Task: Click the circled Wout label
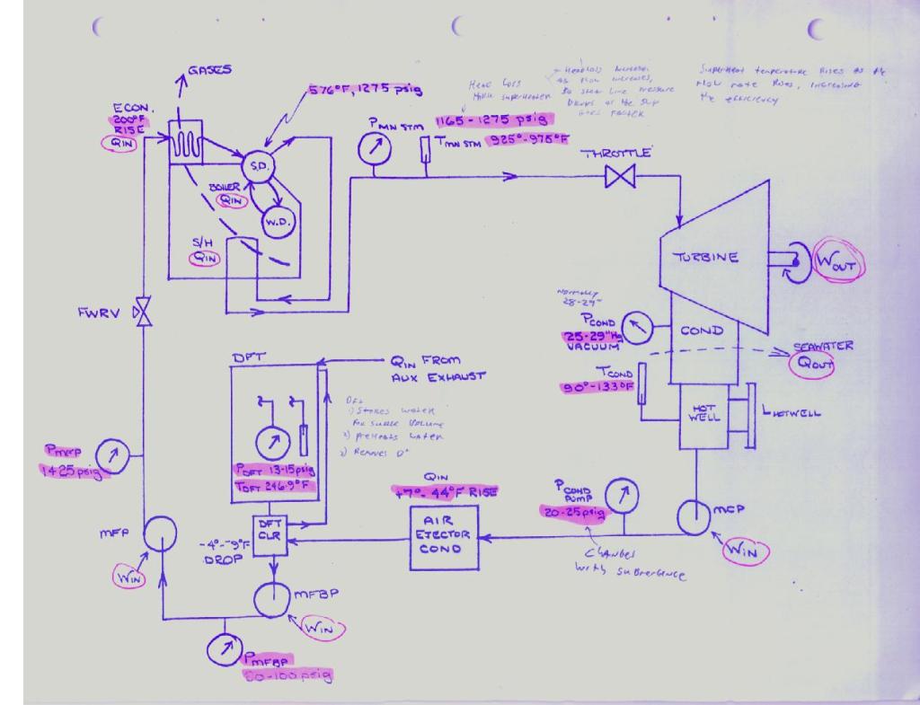coord(836,262)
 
